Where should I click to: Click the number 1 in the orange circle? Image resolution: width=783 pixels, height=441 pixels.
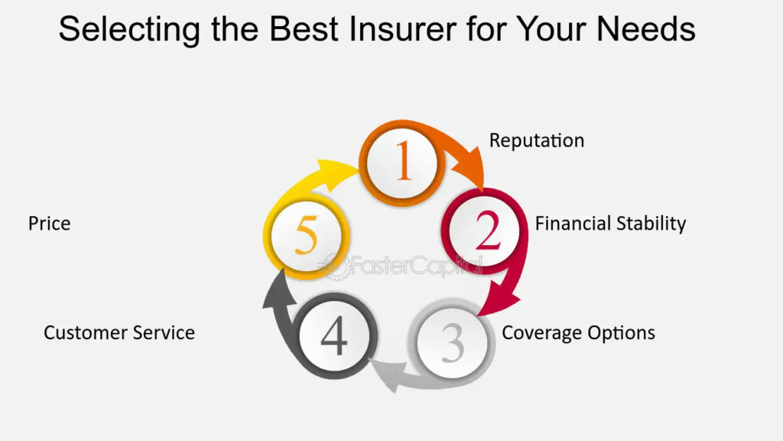[x=404, y=160]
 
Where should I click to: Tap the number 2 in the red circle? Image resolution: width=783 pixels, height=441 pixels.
[x=487, y=230]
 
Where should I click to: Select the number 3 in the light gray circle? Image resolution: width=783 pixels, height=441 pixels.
[x=453, y=342]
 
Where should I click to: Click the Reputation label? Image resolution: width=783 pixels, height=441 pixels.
[x=536, y=141]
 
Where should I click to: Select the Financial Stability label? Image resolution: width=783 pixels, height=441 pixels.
[x=610, y=224]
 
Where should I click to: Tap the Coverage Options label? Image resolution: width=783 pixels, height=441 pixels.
[x=578, y=333]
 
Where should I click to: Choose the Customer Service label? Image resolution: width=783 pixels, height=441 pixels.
[x=119, y=333]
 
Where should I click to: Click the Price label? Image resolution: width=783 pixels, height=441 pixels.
[x=50, y=224]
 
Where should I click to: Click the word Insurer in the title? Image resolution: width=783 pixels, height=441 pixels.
[x=402, y=28]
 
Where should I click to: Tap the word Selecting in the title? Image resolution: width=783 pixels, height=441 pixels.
[x=129, y=29]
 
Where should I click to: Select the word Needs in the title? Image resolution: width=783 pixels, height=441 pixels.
[x=645, y=28]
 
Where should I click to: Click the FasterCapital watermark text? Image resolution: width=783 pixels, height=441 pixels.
[x=404, y=266]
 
